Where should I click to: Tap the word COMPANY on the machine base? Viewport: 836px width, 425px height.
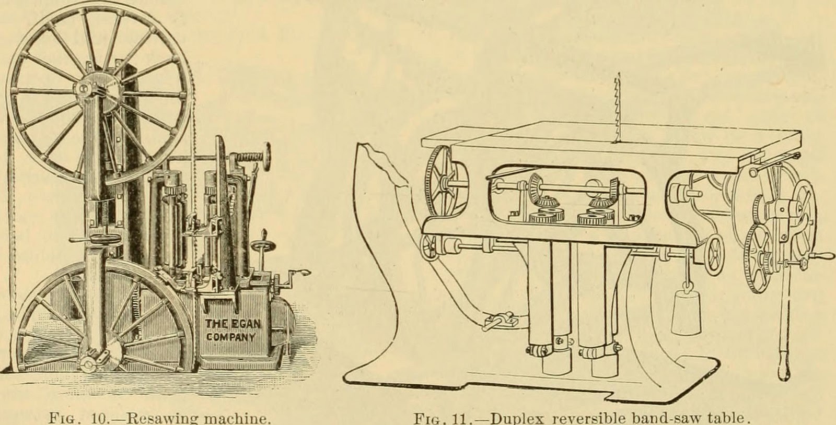230,337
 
